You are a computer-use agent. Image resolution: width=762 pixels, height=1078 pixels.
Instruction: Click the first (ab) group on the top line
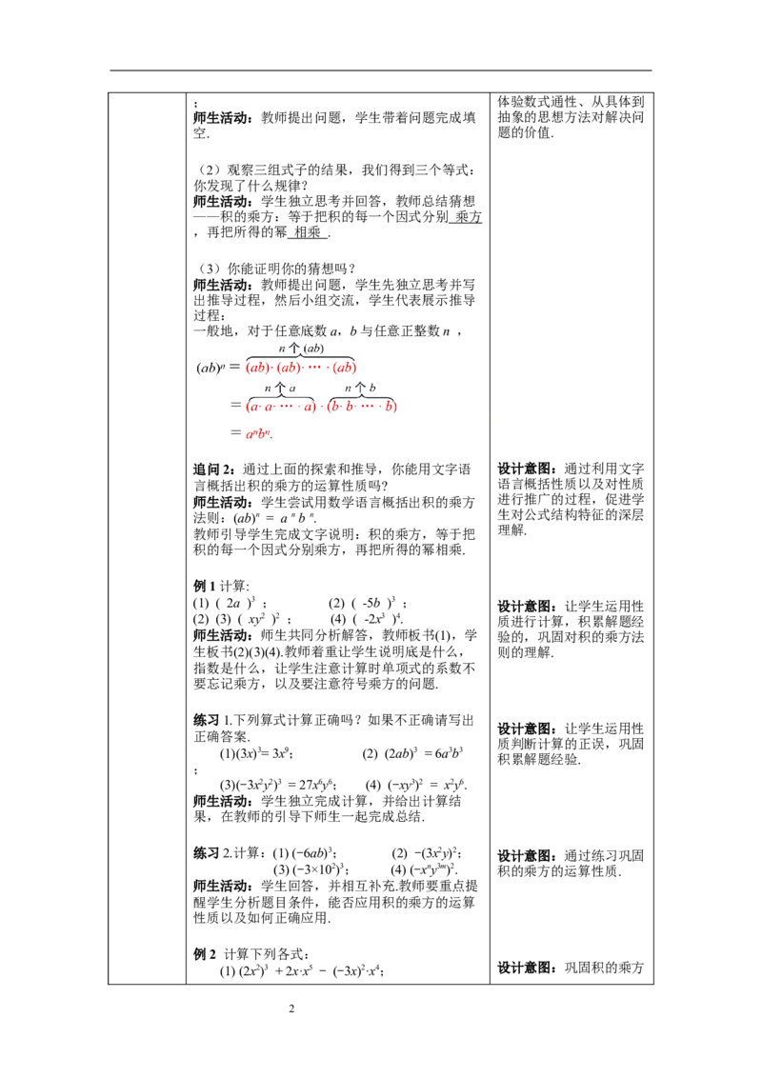[258, 368]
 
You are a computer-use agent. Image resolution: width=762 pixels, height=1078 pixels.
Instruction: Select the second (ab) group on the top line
[290, 368]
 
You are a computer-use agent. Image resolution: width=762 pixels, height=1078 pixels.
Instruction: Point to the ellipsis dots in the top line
[317, 368]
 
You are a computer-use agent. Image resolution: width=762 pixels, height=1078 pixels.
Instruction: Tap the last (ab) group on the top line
[343, 368]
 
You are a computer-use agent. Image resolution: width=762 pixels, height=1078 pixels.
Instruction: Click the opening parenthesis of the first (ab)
[249, 368]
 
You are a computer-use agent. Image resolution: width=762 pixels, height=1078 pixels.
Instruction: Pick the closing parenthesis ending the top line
[353, 368]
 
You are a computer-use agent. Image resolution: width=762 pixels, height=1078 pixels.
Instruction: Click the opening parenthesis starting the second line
[248, 408]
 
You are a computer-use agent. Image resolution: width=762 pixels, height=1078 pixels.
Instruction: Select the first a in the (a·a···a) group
[254, 408]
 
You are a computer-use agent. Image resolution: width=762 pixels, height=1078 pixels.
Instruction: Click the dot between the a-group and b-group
[320, 408]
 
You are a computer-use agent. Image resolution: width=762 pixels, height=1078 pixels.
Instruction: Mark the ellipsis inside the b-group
[368, 408]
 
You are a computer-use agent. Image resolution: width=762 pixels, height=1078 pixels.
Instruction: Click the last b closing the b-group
[389, 408]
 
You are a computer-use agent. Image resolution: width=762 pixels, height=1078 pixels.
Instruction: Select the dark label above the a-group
[278, 390]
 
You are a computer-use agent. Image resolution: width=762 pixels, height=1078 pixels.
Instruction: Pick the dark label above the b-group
[364, 390]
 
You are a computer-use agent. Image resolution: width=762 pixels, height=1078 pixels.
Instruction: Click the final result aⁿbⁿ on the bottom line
[257, 435]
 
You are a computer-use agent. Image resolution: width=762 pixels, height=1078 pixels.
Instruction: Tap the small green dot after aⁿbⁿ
[272, 437]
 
